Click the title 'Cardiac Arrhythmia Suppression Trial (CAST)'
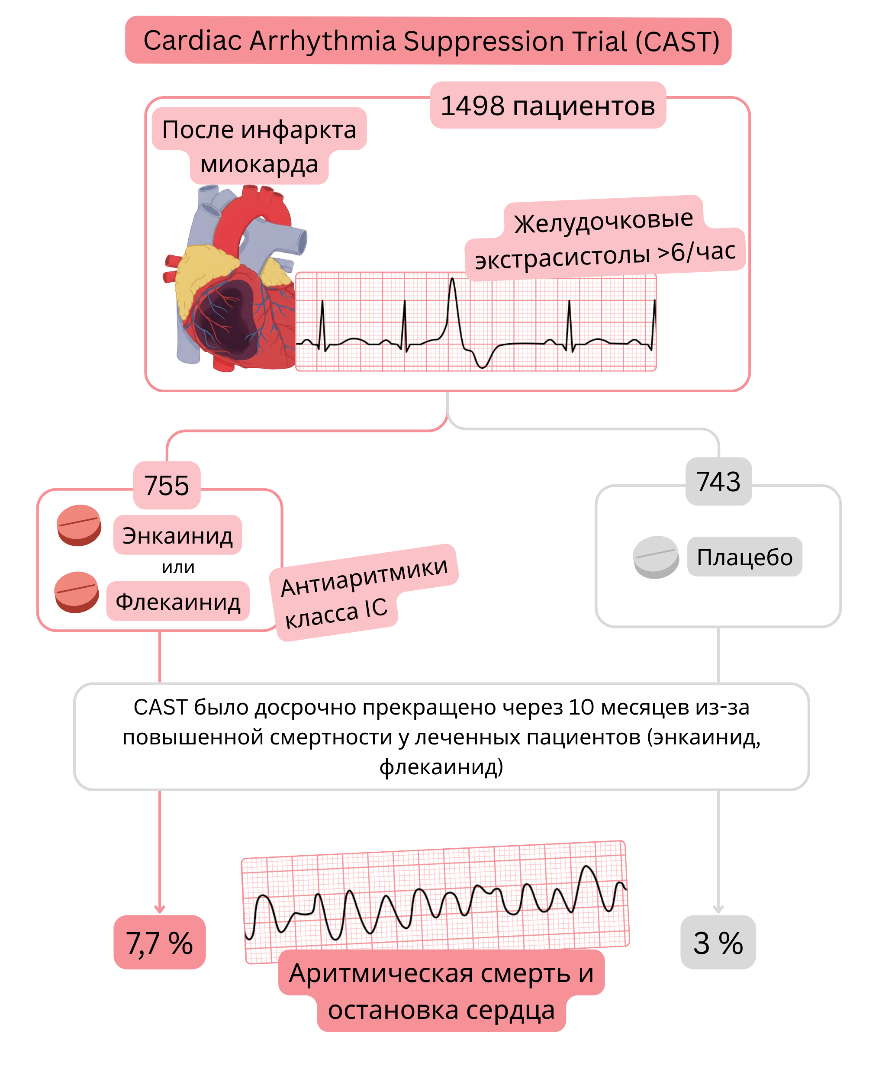tap(431, 41)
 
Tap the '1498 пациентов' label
tap(548, 106)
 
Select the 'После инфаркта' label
tap(259, 129)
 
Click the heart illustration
tap(233, 283)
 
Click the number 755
tap(167, 486)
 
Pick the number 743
tap(718, 482)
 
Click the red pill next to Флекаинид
tap(77, 592)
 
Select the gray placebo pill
tap(656, 557)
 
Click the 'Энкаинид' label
tap(177, 535)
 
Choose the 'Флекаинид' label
tap(178, 602)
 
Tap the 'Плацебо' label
tap(744, 557)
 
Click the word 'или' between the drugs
tap(178, 567)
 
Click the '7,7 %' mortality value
tap(160, 943)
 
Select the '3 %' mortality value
tap(718, 943)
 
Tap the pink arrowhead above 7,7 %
tap(160, 909)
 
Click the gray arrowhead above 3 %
tap(718, 909)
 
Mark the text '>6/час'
tap(696, 251)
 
